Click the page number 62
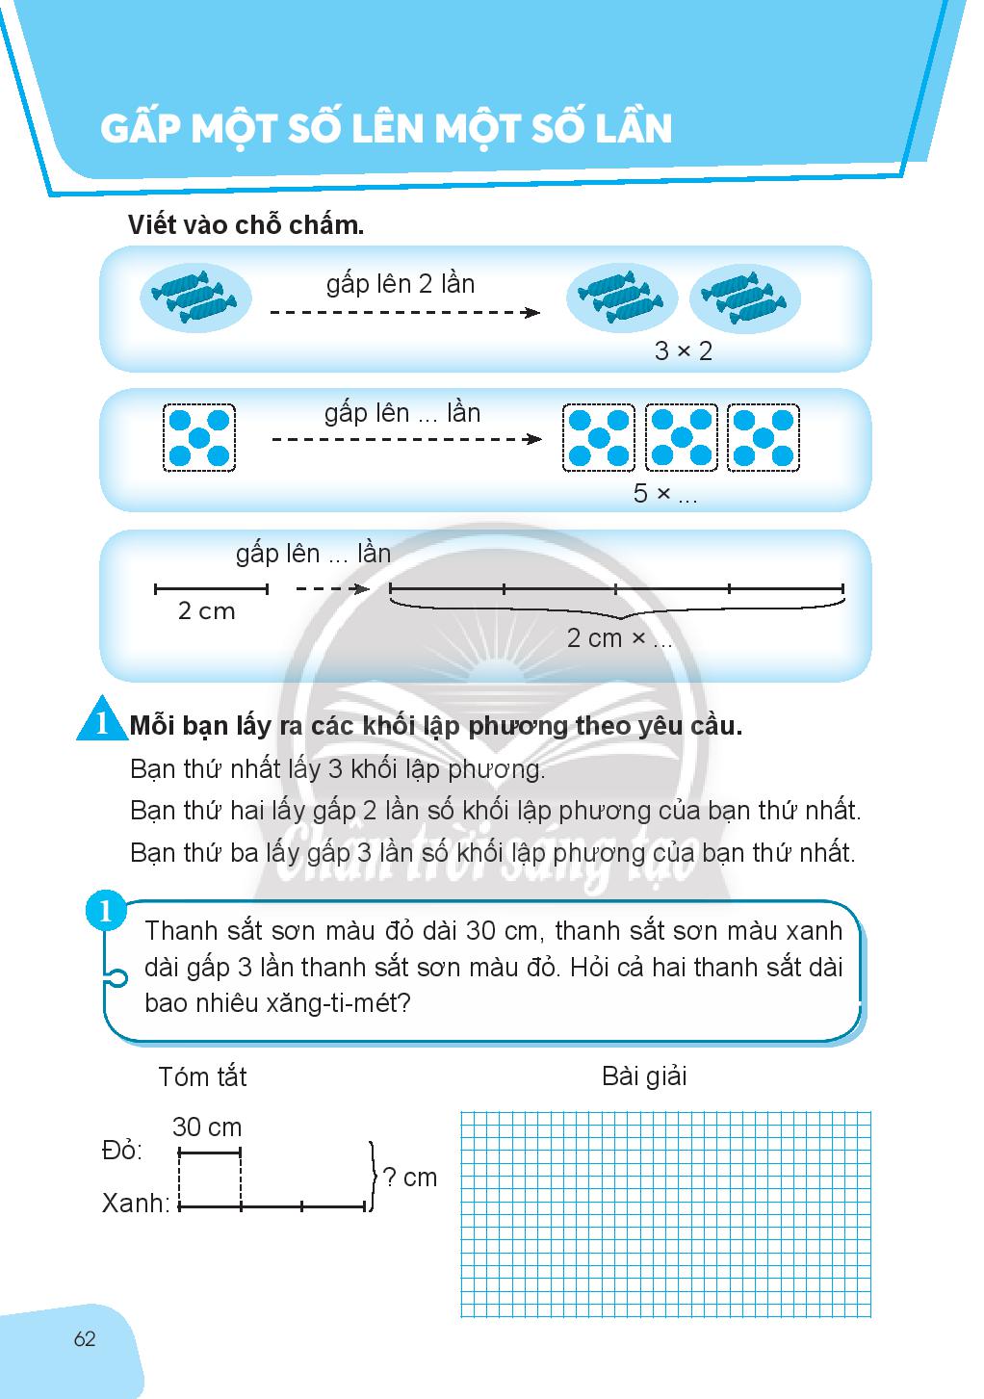(x=85, y=1338)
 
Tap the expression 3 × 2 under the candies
(x=684, y=351)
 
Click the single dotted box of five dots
(x=199, y=436)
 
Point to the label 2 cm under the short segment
(x=206, y=611)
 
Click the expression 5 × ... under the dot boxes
(x=664, y=494)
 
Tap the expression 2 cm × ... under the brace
(x=619, y=638)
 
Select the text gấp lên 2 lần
(x=401, y=284)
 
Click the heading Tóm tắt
(x=202, y=1075)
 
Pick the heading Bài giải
(x=644, y=1075)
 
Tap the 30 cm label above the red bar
(x=207, y=1127)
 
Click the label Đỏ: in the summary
(x=122, y=1151)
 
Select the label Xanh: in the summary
(x=136, y=1203)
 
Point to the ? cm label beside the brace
(x=409, y=1177)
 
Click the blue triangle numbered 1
(x=99, y=724)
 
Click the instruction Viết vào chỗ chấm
(x=246, y=226)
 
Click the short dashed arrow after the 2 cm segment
(x=330, y=588)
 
